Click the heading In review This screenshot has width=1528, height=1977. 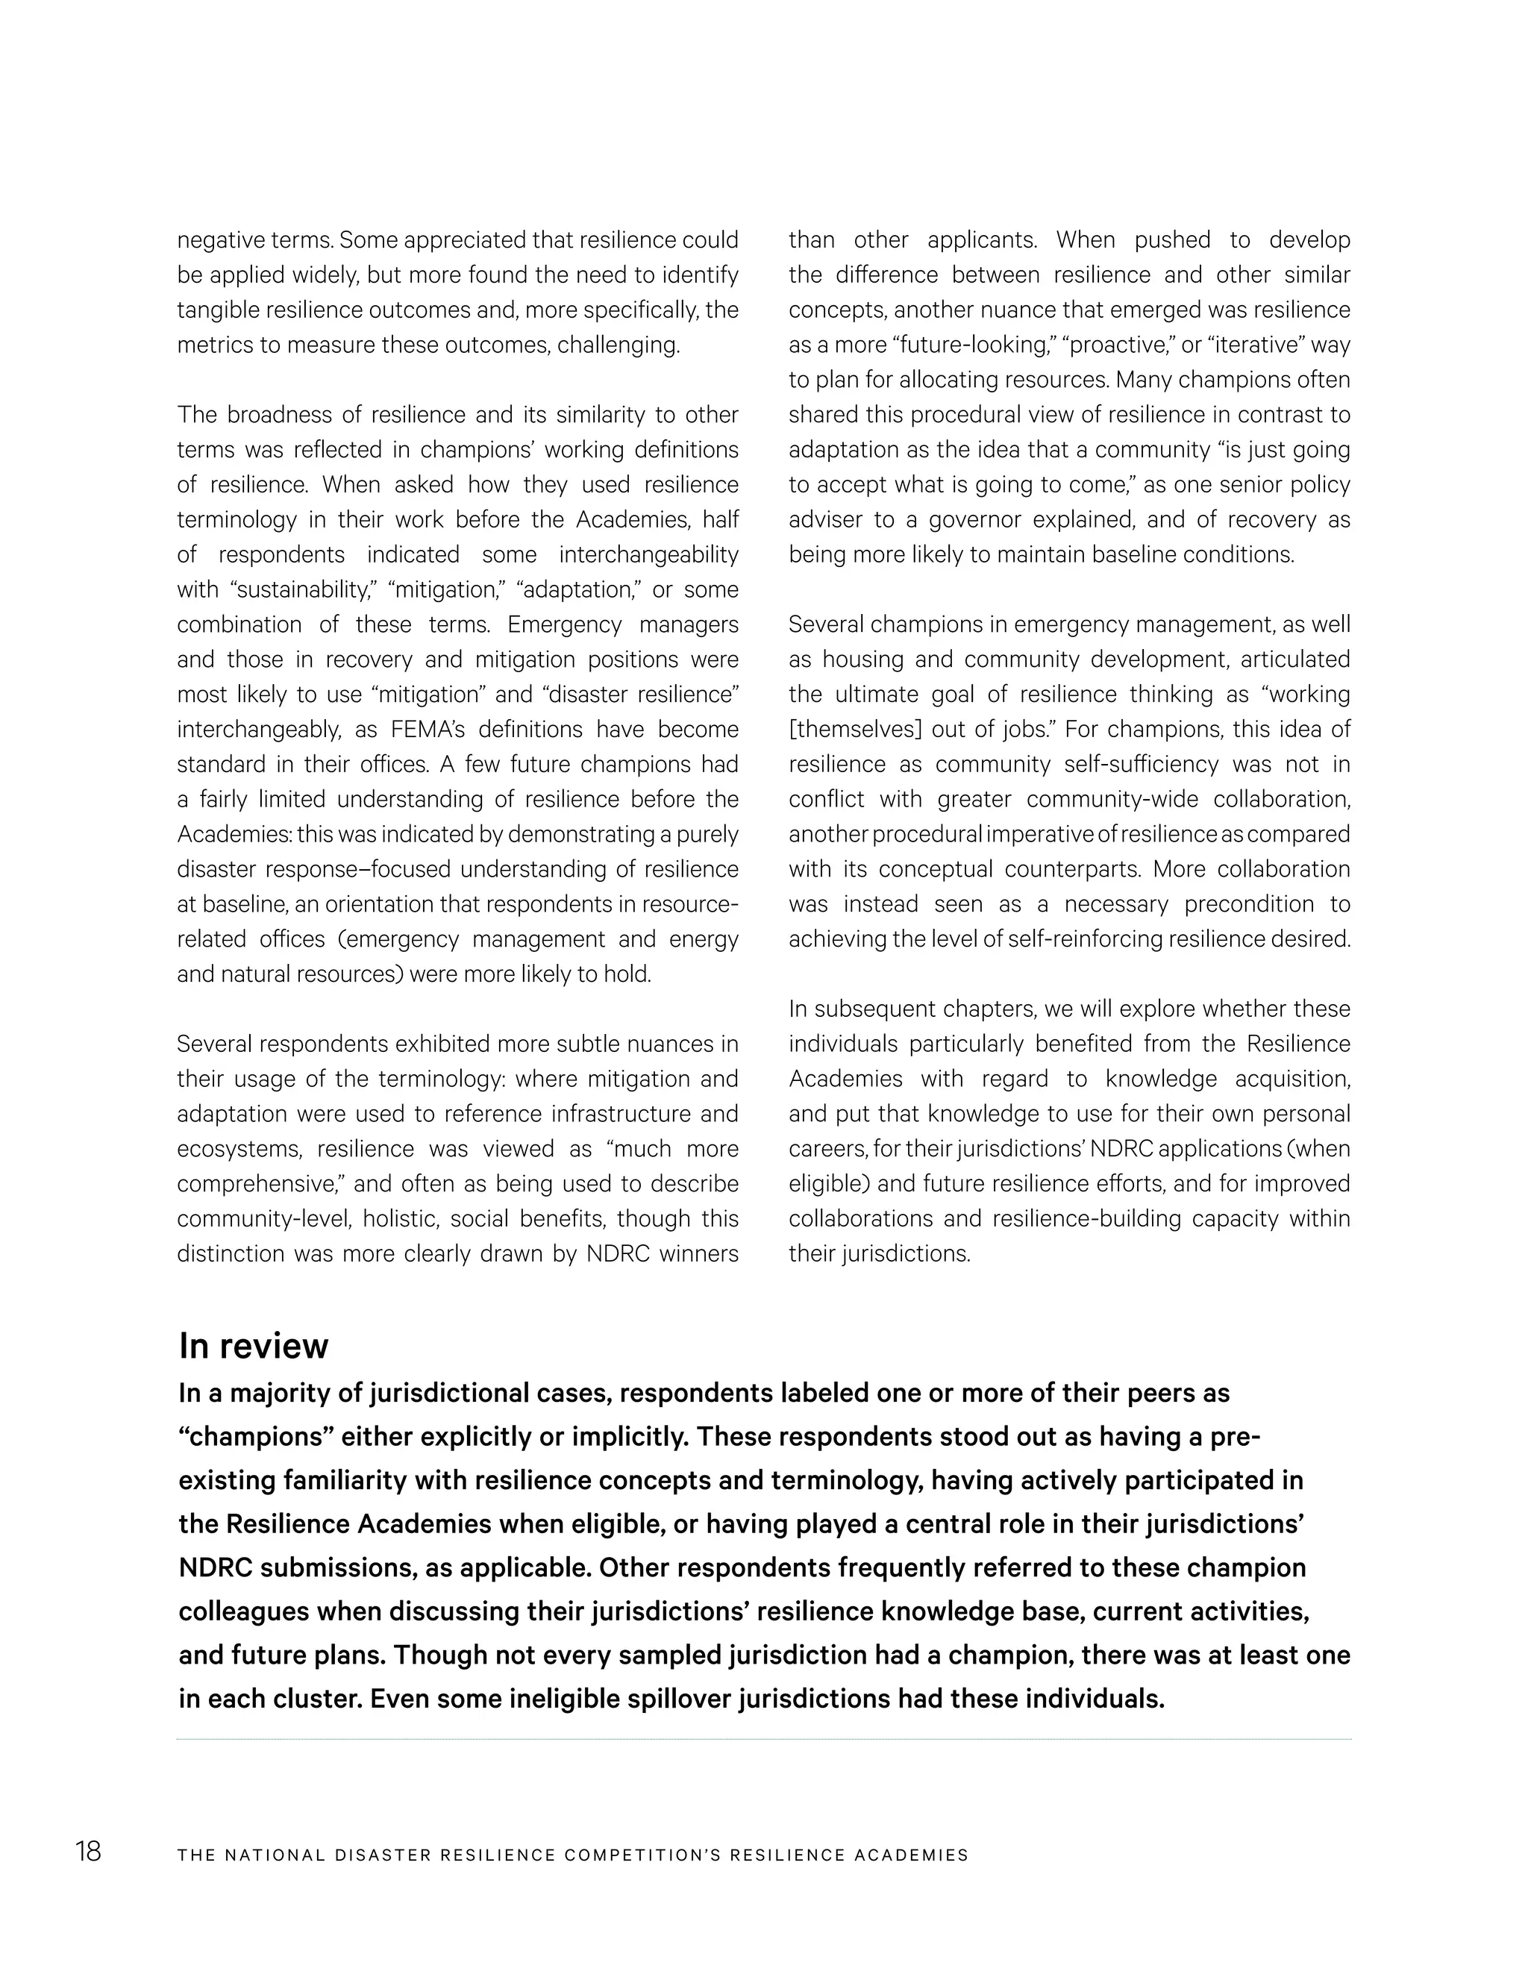pyautogui.click(x=254, y=1346)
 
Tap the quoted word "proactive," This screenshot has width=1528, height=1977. pyautogui.click(x=1120, y=345)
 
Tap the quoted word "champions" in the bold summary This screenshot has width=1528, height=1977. pyautogui.click(x=255, y=1438)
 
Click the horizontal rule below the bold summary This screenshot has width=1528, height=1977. pyautogui.click(x=764, y=1739)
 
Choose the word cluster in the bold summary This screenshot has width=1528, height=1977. pyautogui.click(x=313, y=1699)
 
